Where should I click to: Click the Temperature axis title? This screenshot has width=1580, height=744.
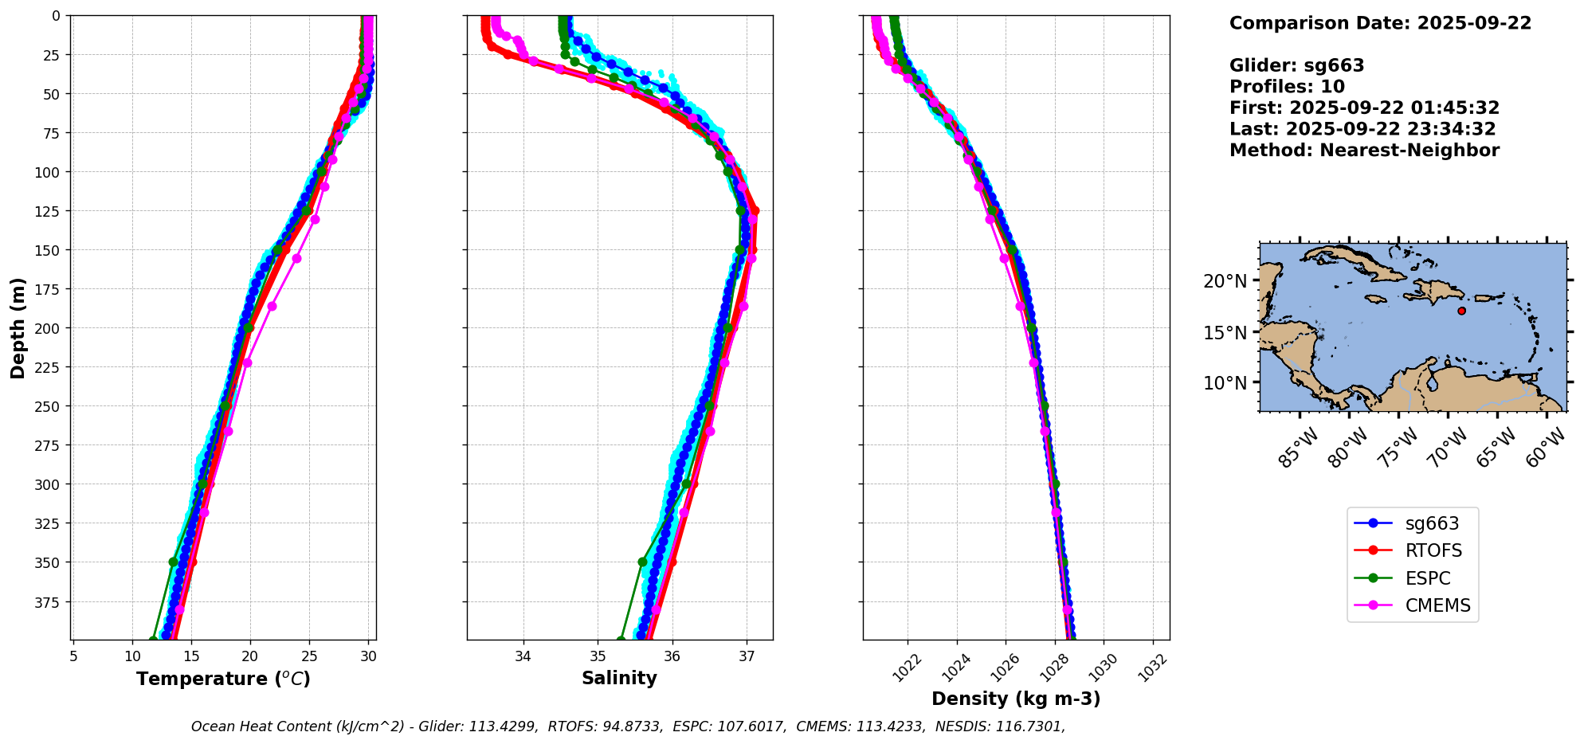pos(223,679)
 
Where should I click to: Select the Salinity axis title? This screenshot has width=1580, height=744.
pos(619,679)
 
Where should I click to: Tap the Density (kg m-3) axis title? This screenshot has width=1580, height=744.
pos(1016,699)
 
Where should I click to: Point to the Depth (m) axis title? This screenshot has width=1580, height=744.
pos(18,328)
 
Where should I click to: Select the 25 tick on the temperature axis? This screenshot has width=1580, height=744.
pos(309,656)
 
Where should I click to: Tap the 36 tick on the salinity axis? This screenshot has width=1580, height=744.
pos(672,656)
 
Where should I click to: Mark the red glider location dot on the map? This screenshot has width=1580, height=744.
pos(1461,311)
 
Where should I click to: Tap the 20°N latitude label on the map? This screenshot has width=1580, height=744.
pos(1225,281)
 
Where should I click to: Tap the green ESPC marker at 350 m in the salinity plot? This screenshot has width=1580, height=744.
pos(642,562)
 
